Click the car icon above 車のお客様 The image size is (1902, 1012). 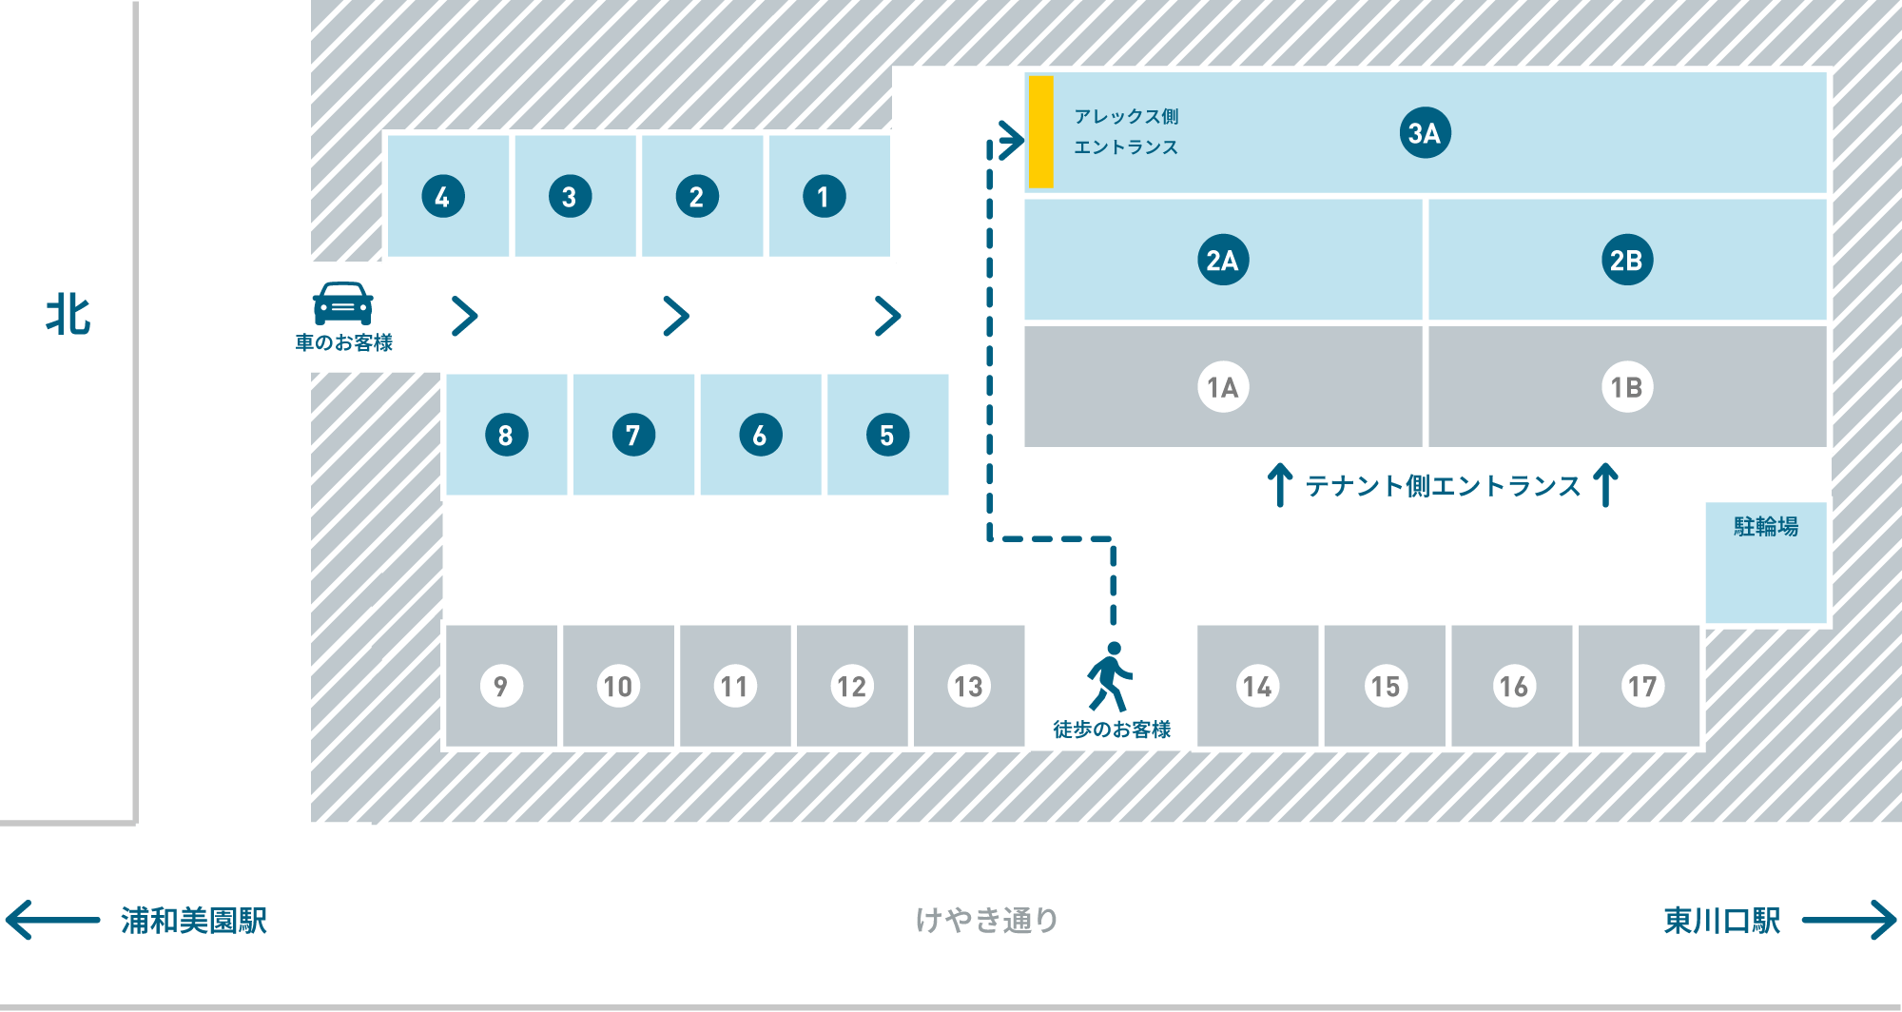point(342,303)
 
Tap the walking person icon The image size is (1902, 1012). point(1110,676)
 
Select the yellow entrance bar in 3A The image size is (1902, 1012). point(1041,131)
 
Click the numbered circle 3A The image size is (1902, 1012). point(1425,133)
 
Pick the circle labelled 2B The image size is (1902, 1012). point(1626,260)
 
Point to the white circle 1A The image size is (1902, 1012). point(1222,387)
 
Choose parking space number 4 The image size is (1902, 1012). point(443,197)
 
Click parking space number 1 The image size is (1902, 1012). point(824,197)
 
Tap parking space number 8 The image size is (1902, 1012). point(506,436)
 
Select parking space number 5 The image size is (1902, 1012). point(887,436)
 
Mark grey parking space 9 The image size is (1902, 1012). point(501,686)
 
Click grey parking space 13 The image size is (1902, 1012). point(968,686)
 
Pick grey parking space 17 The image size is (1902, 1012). point(1641,686)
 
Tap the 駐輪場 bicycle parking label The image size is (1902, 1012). point(1766,526)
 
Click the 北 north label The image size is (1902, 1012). point(68,315)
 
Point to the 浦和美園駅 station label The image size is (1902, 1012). point(194,921)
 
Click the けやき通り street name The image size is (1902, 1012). point(986,920)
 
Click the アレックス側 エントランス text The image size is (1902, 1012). point(1126,131)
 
